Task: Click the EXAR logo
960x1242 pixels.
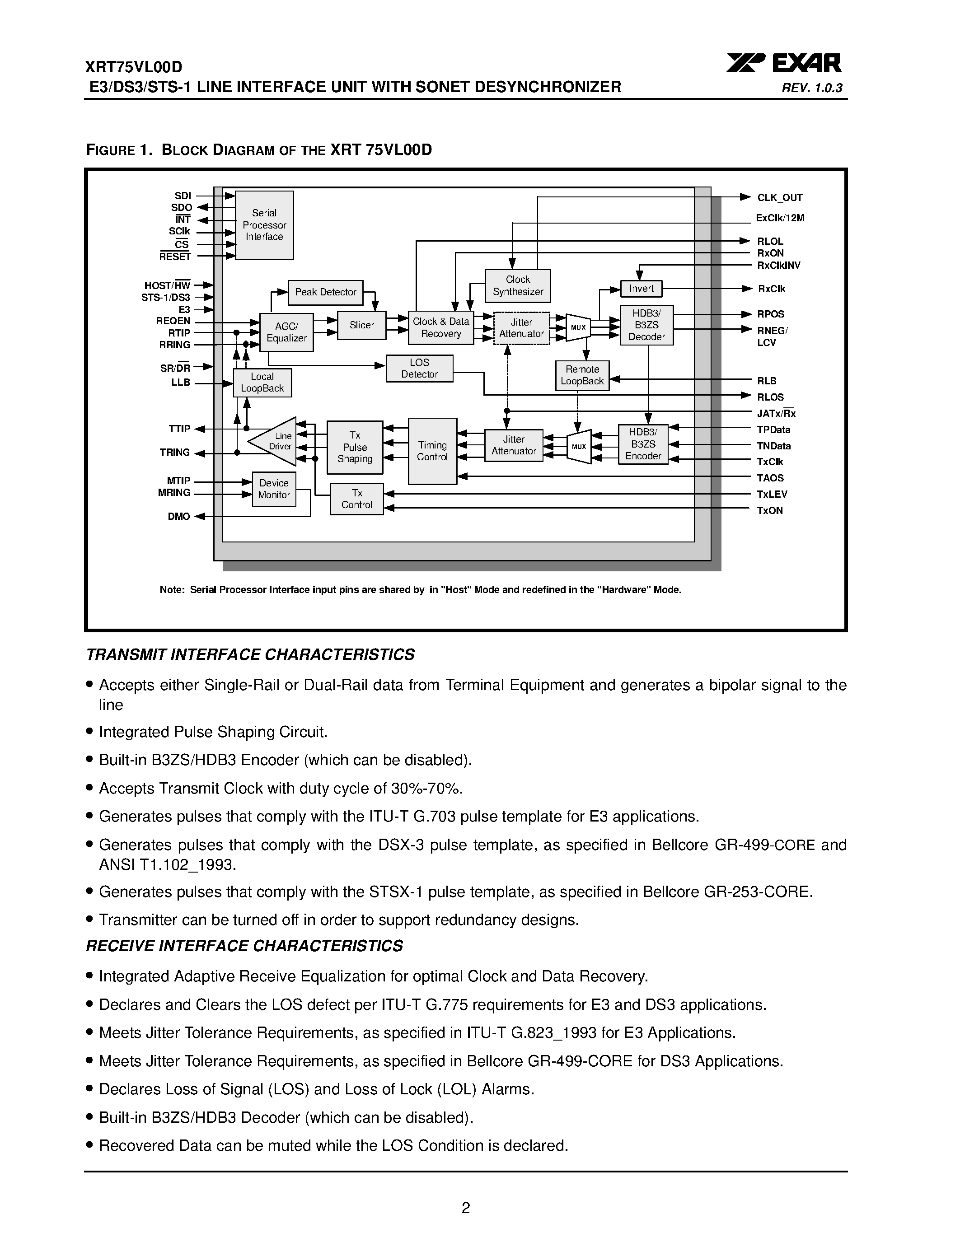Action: (784, 64)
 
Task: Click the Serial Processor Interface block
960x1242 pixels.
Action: (264, 225)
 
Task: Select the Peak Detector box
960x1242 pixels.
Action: (325, 292)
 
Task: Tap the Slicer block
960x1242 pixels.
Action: (362, 325)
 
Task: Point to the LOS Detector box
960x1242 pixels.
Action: (419, 369)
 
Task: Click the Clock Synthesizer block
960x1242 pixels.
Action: (518, 285)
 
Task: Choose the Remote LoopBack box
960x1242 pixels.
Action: (582, 375)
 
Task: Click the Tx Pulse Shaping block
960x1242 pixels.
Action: (355, 447)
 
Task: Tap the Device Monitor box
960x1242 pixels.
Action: (274, 489)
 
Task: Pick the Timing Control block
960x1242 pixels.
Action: (432, 451)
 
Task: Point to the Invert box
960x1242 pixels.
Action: (641, 289)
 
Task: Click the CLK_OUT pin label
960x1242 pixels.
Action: (780, 198)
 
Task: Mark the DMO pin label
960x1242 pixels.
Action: (178, 516)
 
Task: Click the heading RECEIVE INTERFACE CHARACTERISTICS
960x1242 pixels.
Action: (244, 945)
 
